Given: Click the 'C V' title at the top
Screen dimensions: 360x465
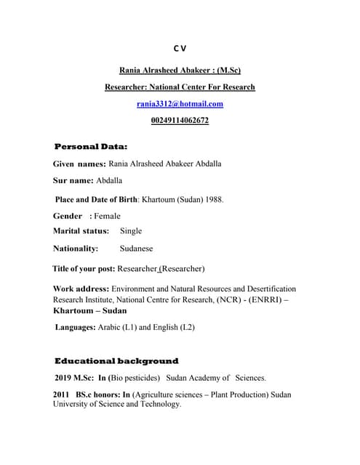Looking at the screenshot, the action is click(180, 49).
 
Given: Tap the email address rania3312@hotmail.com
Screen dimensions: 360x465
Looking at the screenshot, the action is click(180, 104).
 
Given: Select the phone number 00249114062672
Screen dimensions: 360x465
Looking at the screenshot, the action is click(180, 121).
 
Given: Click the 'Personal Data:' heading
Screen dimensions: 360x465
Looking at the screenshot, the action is click(90, 147).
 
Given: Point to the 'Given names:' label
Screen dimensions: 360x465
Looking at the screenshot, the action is click(79, 164).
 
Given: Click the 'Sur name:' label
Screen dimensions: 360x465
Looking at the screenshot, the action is click(73, 180).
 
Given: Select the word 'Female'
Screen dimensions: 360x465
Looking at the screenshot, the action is click(107, 216).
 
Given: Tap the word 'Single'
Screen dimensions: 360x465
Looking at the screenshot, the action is click(131, 231).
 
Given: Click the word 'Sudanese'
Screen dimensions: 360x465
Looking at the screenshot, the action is click(136, 248).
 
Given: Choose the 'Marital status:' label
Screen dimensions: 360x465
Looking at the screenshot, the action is click(81, 231).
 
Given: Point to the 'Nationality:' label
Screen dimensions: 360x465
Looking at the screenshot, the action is click(76, 248).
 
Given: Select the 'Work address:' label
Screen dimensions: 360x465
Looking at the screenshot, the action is click(81, 289).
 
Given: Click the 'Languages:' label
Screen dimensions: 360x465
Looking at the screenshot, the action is click(76, 328).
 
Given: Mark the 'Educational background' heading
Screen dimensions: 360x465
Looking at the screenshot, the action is click(116, 361).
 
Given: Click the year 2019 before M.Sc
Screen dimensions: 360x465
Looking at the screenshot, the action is click(64, 378).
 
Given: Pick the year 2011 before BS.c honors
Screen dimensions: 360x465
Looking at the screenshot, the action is click(62, 395).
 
